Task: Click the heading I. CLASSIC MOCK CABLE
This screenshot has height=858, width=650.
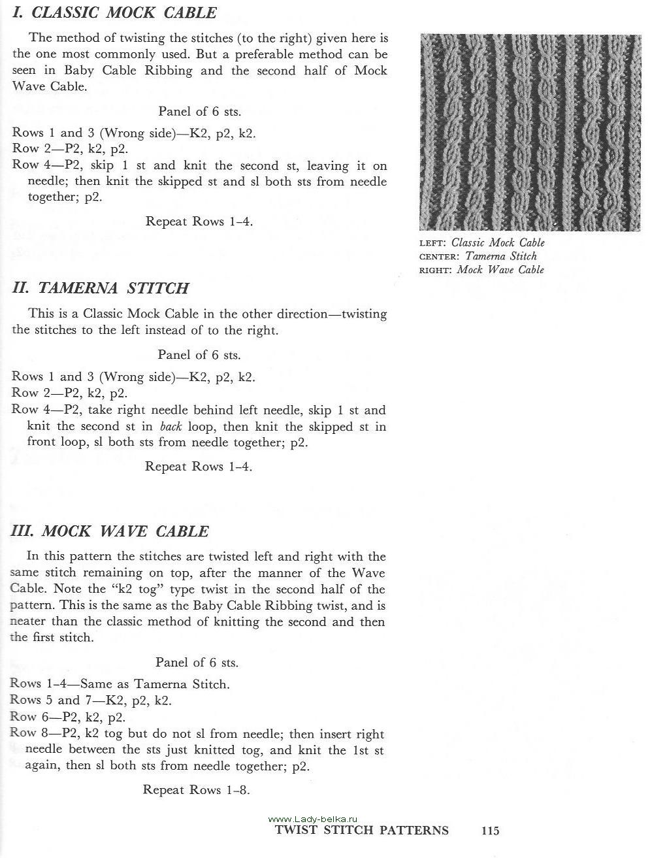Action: pyautogui.click(x=114, y=12)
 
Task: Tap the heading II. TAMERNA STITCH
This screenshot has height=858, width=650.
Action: pyautogui.click(x=101, y=288)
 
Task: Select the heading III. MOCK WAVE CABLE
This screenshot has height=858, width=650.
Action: pyautogui.click(x=110, y=531)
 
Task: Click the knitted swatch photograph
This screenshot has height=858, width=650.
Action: pyautogui.click(x=530, y=132)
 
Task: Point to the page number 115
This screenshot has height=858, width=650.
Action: pyautogui.click(x=490, y=831)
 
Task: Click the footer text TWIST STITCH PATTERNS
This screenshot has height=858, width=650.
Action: pyautogui.click(x=362, y=831)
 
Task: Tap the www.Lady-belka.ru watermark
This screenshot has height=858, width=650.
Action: pyautogui.click(x=313, y=819)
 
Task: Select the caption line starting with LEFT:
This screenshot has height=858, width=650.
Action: pyautogui.click(x=482, y=242)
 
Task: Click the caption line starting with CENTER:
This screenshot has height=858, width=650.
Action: pyautogui.click(x=478, y=256)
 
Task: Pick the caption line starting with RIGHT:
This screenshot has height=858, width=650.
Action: pyautogui.click(x=481, y=270)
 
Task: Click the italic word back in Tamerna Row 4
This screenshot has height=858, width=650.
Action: pyautogui.click(x=172, y=427)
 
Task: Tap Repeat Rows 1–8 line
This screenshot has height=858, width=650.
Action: pyautogui.click(x=196, y=790)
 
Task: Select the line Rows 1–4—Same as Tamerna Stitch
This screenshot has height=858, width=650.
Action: pyautogui.click(x=120, y=685)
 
